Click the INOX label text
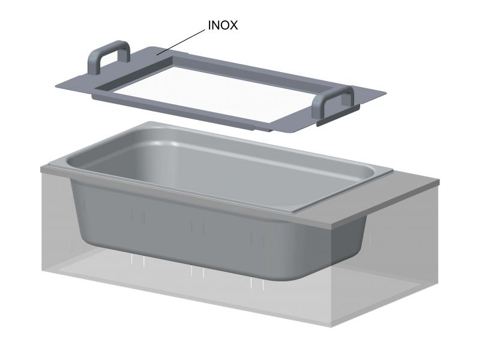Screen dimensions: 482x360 [x=223, y=25]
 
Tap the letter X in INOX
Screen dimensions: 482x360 [x=233, y=25]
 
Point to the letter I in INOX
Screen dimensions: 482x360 [x=209, y=25]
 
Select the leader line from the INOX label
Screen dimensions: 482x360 [x=181, y=42]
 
